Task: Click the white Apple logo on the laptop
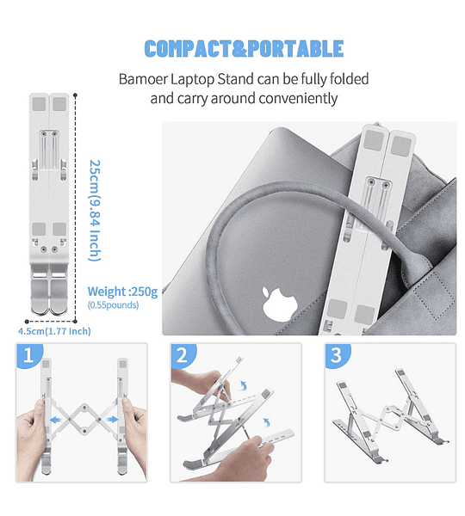(x=280, y=304)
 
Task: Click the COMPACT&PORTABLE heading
(x=244, y=49)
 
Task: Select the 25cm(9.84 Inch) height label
(x=95, y=211)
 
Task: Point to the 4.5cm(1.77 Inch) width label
(x=54, y=331)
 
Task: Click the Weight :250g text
(x=122, y=292)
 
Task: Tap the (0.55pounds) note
(x=113, y=305)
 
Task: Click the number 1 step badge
(x=29, y=355)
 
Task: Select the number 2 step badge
(x=183, y=355)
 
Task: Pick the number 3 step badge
(x=338, y=355)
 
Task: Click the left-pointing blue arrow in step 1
(x=56, y=420)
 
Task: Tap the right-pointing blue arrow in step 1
(x=112, y=420)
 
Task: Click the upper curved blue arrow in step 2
(x=243, y=385)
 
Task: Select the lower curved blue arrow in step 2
(x=267, y=422)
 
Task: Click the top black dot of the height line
(x=76, y=95)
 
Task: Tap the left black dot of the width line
(x=27, y=322)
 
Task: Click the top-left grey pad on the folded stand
(x=39, y=104)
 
